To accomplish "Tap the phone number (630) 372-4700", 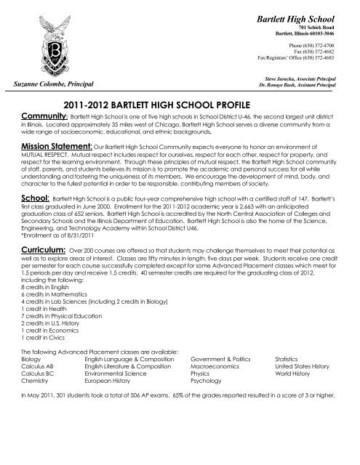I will [317, 45].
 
